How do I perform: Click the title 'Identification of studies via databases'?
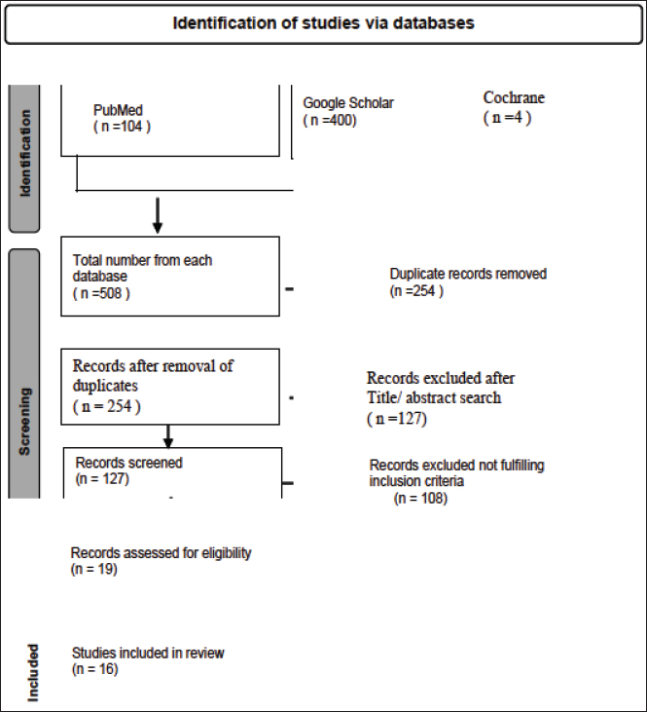pyautogui.click(x=323, y=22)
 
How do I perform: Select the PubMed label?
pyautogui.click(x=118, y=110)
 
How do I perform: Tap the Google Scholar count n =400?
pyautogui.click(x=330, y=121)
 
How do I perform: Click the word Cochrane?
pyautogui.click(x=514, y=97)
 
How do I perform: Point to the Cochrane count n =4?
pyautogui.click(x=507, y=118)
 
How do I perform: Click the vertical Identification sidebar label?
pyautogui.click(x=25, y=154)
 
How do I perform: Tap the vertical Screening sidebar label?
pyautogui.click(x=24, y=422)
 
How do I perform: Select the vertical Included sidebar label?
pyautogui.click(x=33, y=673)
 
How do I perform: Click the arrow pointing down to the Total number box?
pyautogui.click(x=158, y=215)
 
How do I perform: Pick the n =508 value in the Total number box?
pyautogui.click(x=101, y=293)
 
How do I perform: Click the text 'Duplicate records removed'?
pyautogui.click(x=468, y=274)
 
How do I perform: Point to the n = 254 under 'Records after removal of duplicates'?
pyautogui.click(x=107, y=406)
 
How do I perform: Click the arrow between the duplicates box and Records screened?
pyautogui.click(x=168, y=436)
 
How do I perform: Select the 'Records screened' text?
pyautogui.click(x=128, y=463)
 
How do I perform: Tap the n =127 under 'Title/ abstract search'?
pyautogui.click(x=397, y=418)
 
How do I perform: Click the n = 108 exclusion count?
pyautogui.click(x=420, y=499)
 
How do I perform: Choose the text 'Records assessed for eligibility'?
pyautogui.click(x=162, y=553)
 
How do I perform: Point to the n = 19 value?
pyautogui.click(x=94, y=569)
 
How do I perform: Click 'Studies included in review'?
pyautogui.click(x=148, y=653)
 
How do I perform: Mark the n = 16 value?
pyautogui.click(x=94, y=669)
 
